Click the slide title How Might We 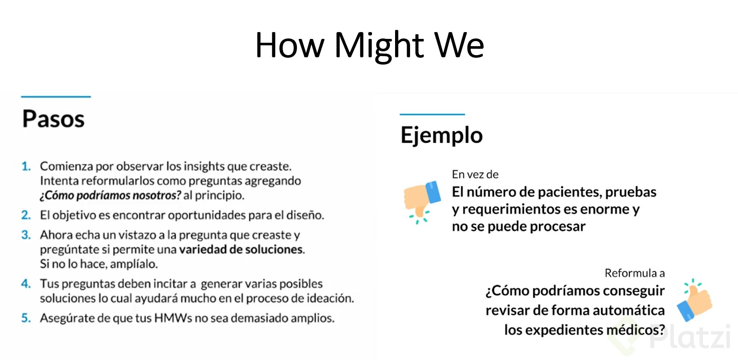coord(369,45)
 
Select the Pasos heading coord(53,119)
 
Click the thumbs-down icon coord(422,201)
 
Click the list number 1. coord(26,166)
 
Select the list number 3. coord(26,235)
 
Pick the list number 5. coord(26,318)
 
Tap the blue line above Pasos coord(56,97)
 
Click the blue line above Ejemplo coord(432,114)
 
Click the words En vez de coord(475,174)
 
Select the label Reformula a coord(635,273)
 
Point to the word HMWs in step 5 coord(173,318)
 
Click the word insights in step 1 coord(204,166)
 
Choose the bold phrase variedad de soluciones coord(241,249)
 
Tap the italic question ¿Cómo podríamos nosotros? coord(111,195)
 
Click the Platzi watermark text coord(689,337)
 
